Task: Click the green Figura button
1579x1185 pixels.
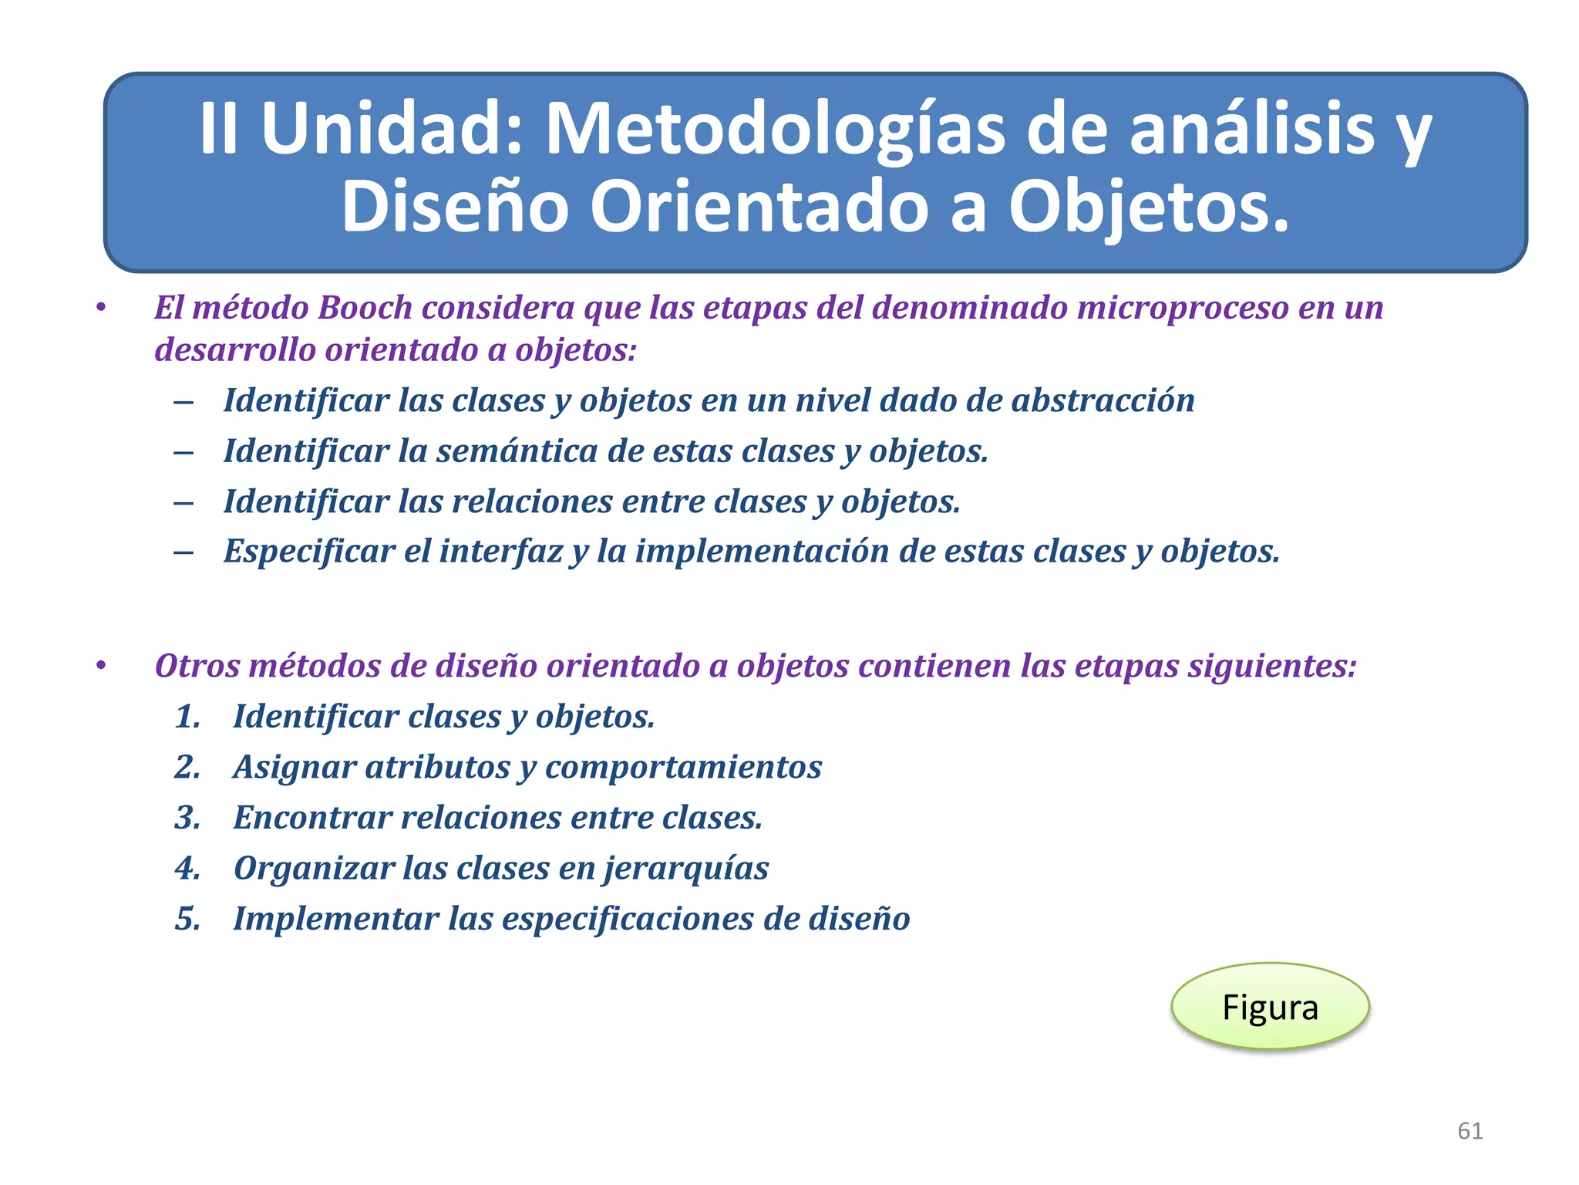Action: point(1270,1007)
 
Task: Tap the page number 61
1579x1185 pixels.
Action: point(1470,1131)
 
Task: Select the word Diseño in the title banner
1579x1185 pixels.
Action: point(455,206)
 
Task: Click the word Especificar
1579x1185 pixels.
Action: point(308,552)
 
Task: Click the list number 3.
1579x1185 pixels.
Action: point(187,818)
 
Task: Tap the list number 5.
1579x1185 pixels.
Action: point(187,919)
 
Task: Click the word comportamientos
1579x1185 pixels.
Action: point(683,768)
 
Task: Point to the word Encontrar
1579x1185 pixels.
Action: point(312,818)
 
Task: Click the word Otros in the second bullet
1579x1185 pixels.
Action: point(197,666)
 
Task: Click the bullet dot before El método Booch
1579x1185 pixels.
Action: point(100,308)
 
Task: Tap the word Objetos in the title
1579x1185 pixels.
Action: point(1149,206)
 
